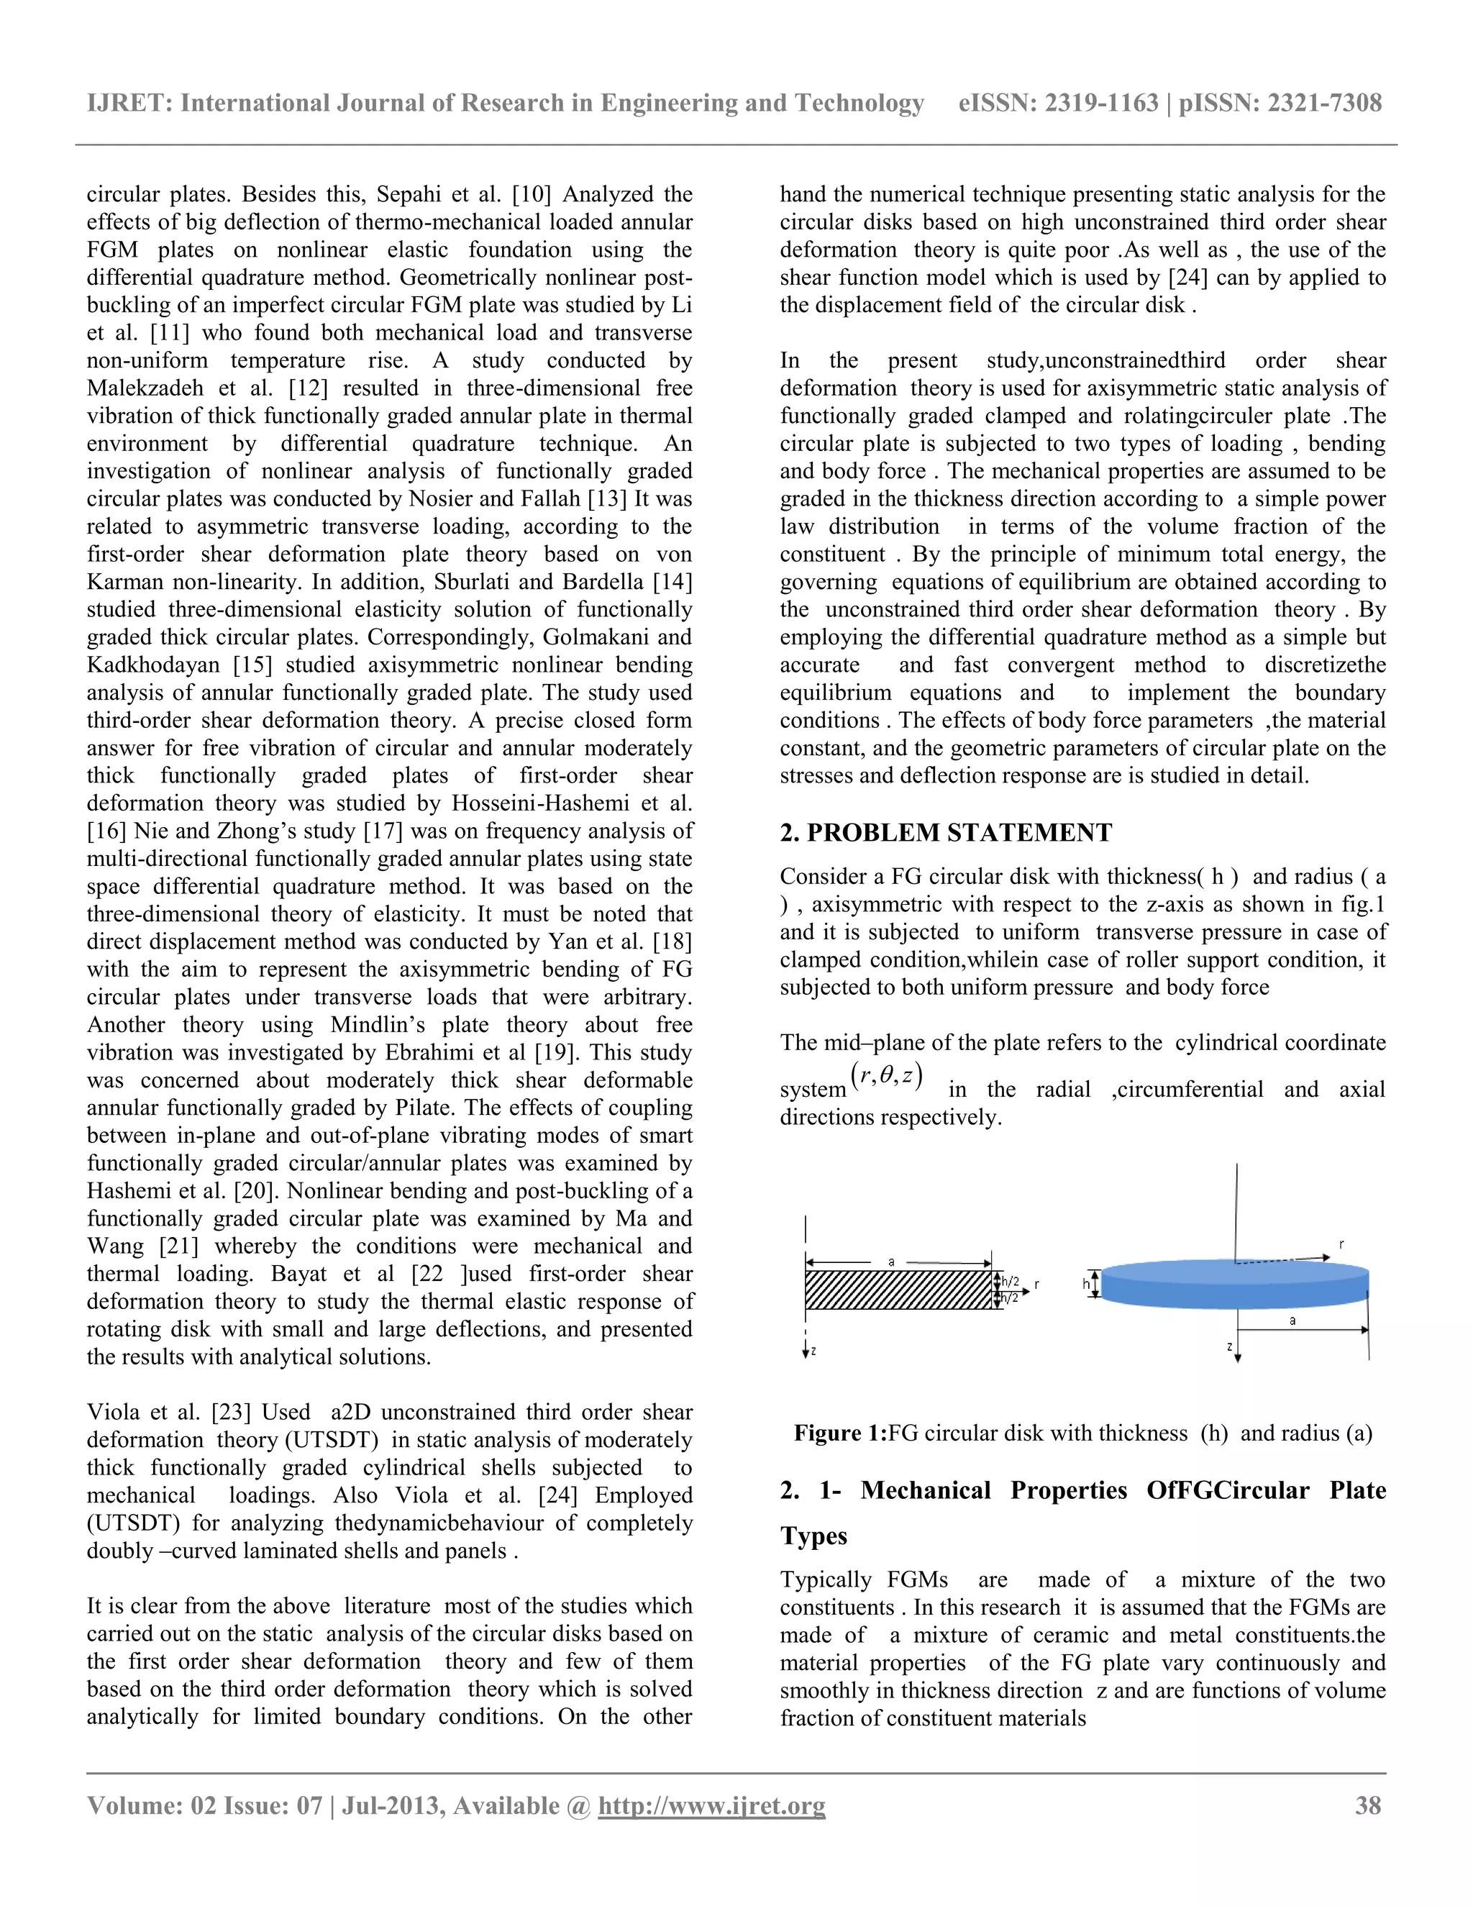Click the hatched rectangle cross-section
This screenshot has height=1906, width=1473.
pyautogui.click(x=899, y=1290)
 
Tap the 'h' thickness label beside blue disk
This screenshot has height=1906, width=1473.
pyautogui.click(x=1087, y=1284)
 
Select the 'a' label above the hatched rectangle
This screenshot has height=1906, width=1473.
pyautogui.click(x=891, y=1261)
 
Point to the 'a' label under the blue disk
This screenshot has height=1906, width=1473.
pyautogui.click(x=1292, y=1321)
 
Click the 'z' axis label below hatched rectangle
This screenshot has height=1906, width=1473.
pyautogui.click(x=813, y=1351)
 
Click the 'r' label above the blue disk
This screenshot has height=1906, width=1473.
pyautogui.click(x=1341, y=1244)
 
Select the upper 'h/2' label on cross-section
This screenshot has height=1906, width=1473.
pyautogui.click(x=1011, y=1281)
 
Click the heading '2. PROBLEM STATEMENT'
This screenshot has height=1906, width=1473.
pyautogui.click(x=945, y=833)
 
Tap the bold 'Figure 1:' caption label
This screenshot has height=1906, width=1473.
pyautogui.click(x=839, y=1433)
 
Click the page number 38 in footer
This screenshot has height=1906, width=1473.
pyautogui.click(x=1367, y=1805)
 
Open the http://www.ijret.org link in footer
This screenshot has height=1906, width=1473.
pyautogui.click(x=711, y=1805)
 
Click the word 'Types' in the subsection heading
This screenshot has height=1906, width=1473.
pyautogui.click(x=813, y=1536)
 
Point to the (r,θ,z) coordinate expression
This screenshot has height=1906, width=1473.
pyautogui.click(x=887, y=1075)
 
